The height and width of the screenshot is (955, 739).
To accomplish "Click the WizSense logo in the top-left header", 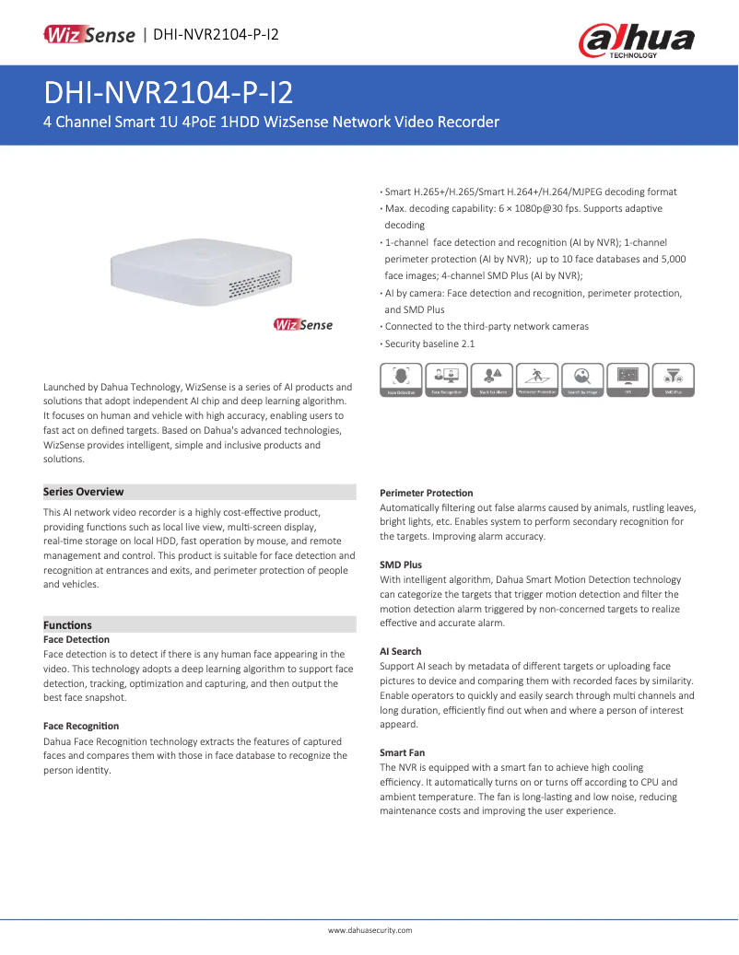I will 89,35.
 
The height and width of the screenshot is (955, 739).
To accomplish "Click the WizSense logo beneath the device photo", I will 303,325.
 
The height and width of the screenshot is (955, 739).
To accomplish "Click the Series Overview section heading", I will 84,492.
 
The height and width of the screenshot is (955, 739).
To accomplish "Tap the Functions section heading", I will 68,624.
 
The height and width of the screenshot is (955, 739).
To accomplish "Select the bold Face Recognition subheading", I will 81,727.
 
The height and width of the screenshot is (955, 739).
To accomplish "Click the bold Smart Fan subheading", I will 402,752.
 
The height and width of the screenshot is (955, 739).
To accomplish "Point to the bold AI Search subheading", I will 400,651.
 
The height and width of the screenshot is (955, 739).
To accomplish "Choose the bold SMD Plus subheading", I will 400,565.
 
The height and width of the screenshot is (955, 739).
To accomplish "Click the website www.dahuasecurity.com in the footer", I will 369,930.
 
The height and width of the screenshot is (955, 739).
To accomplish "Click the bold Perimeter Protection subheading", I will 426,493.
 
